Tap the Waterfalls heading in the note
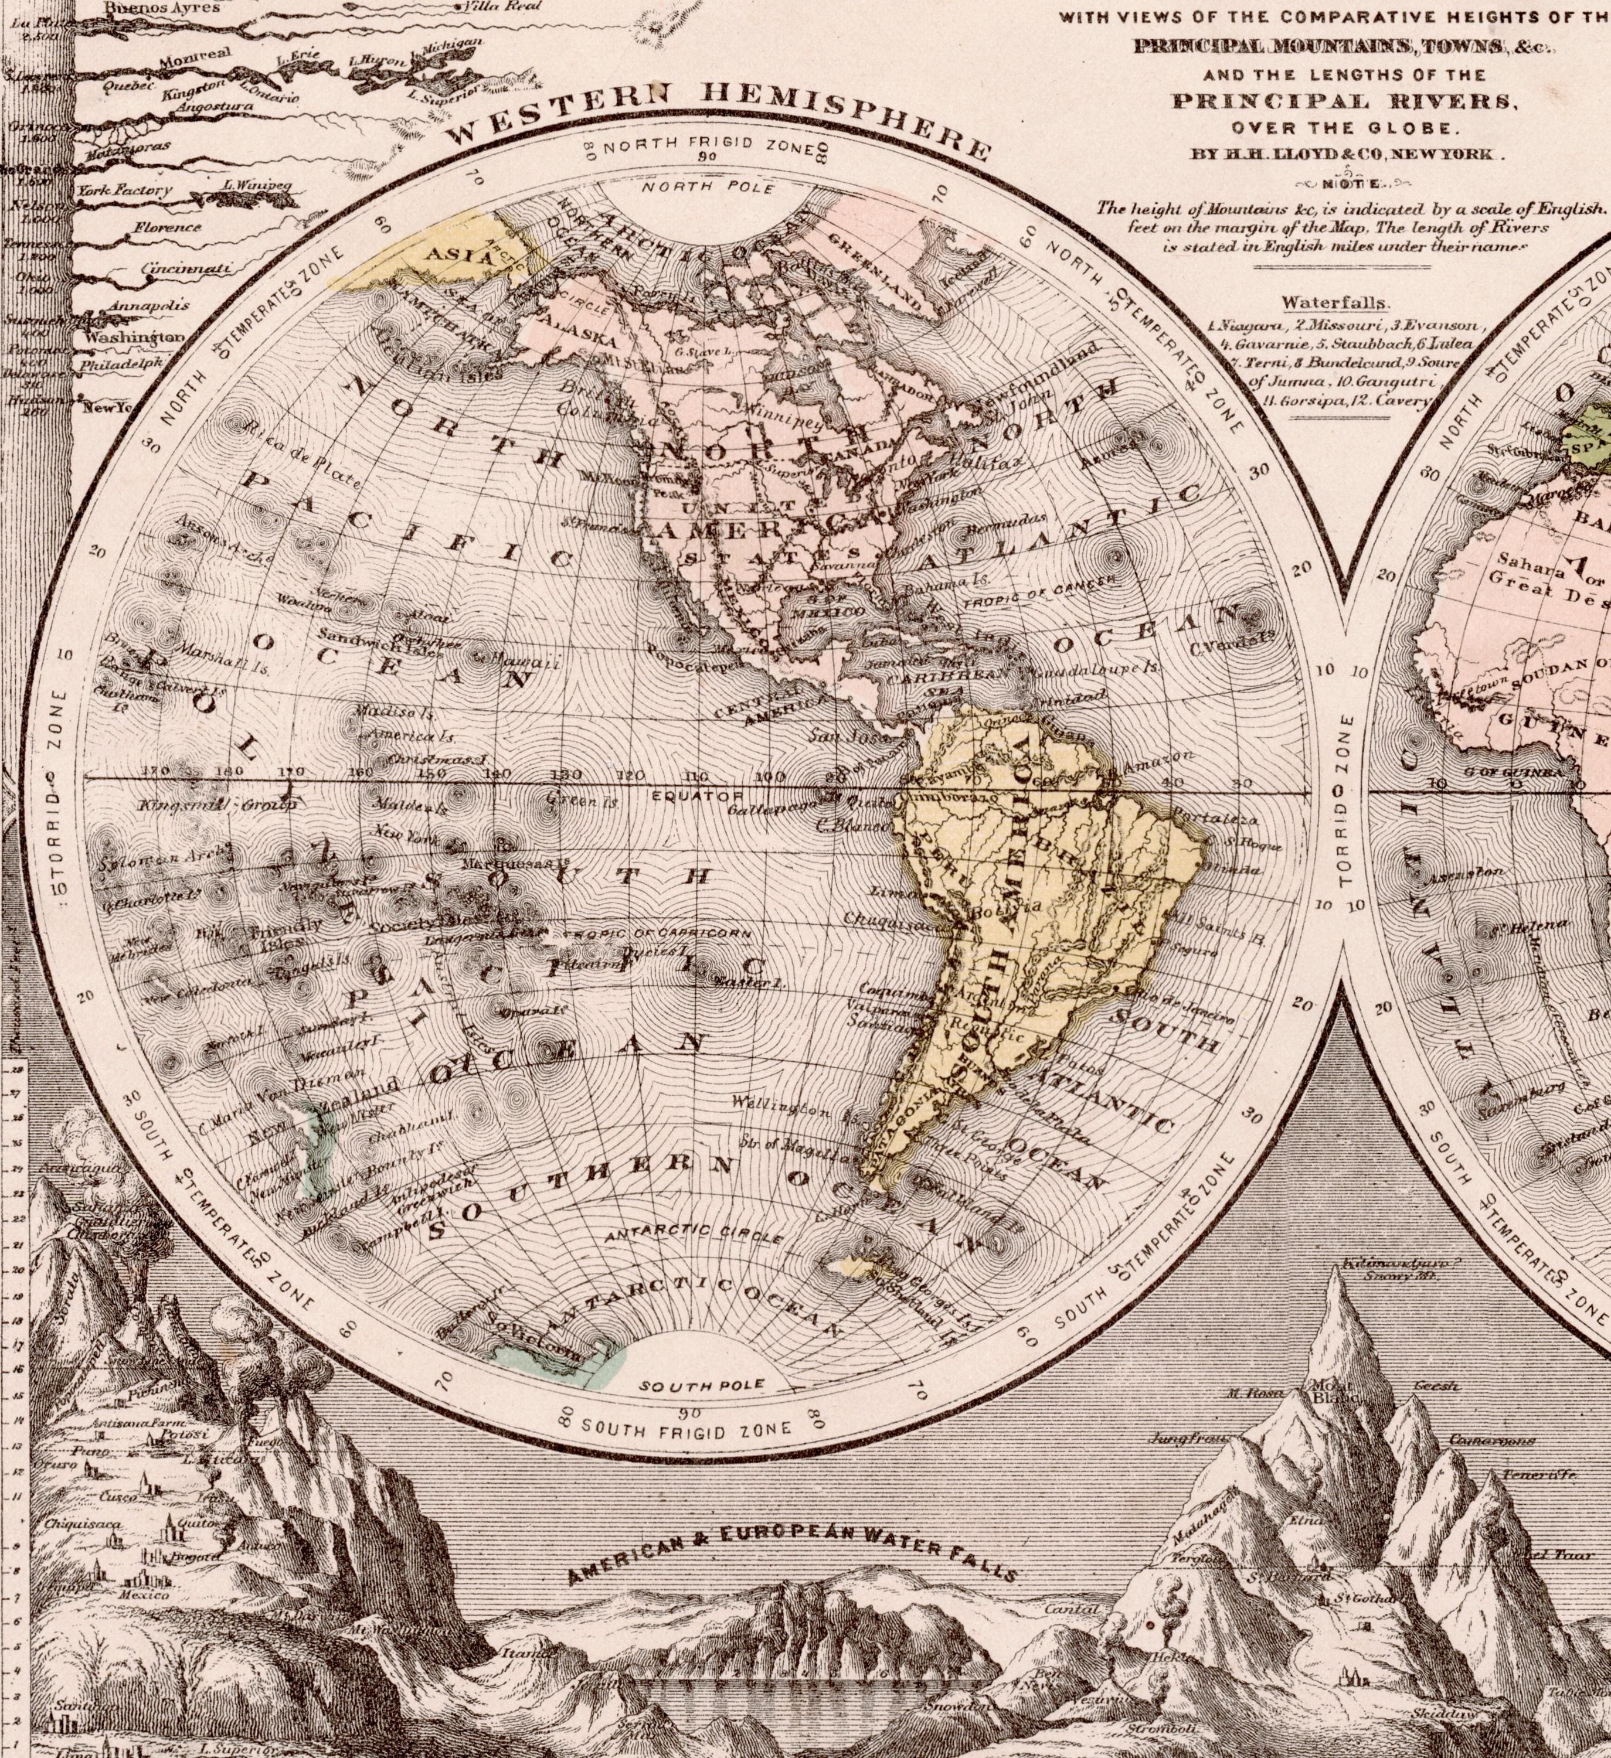(1334, 302)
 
